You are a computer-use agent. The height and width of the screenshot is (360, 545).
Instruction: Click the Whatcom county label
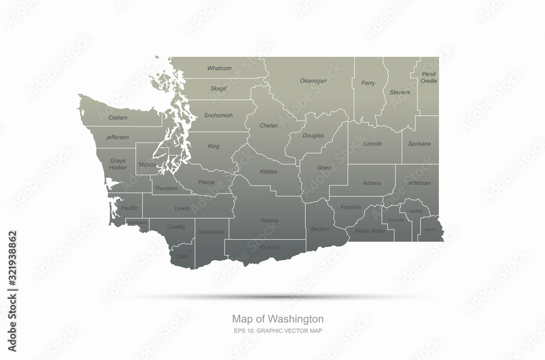(x=219, y=68)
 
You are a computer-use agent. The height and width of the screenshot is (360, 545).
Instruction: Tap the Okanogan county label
(x=313, y=81)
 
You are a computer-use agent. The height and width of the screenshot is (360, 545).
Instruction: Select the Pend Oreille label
(x=429, y=77)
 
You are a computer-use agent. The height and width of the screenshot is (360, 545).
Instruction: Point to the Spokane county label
(x=420, y=144)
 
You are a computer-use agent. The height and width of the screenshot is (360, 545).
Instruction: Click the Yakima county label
(x=269, y=220)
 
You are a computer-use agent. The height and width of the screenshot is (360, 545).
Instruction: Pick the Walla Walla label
(x=370, y=231)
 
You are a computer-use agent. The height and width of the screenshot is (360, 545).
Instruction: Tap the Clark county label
(x=182, y=256)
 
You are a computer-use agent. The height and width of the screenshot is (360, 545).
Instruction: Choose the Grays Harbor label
(x=118, y=164)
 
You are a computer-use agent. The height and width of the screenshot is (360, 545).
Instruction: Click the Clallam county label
(x=118, y=117)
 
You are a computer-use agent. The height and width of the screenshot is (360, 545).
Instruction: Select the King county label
(x=214, y=146)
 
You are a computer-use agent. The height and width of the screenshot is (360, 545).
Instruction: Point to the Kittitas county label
(x=268, y=171)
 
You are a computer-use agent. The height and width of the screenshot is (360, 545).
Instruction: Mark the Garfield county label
(x=415, y=211)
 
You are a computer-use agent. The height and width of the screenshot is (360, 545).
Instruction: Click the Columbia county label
(x=396, y=220)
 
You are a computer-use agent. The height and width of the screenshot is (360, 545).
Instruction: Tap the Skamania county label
(x=210, y=232)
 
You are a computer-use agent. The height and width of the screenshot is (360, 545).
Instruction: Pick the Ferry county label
(x=368, y=83)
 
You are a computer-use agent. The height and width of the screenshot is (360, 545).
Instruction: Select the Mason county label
(x=147, y=164)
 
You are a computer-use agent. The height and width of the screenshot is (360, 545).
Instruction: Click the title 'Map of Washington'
(x=278, y=318)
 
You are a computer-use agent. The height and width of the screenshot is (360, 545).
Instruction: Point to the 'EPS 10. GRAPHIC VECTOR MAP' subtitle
(x=278, y=331)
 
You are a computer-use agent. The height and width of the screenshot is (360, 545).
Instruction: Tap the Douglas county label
(x=313, y=135)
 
